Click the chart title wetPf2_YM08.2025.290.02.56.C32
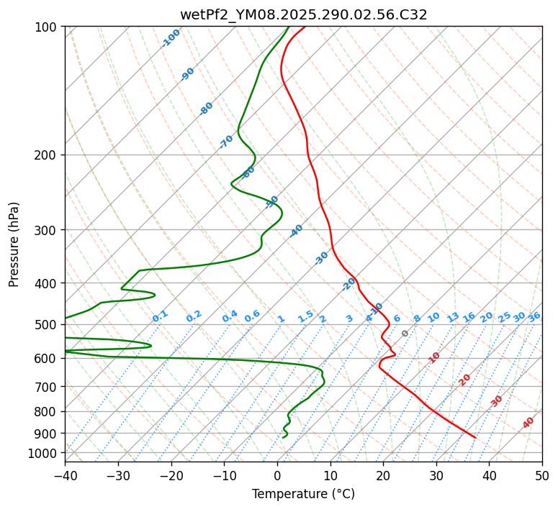(x=303, y=14)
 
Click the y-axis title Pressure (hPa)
(x=14, y=244)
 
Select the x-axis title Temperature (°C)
(x=303, y=495)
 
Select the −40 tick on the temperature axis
(x=65, y=475)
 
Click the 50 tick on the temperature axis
(x=542, y=475)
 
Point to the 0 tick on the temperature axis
(x=277, y=475)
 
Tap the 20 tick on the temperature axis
(x=383, y=475)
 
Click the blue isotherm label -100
(x=171, y=38)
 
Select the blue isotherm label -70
(x=226, y=142)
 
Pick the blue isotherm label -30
(x=321, y=258)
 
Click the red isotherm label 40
(x=528, y=423)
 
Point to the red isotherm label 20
(x=465, y=380)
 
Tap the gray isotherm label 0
(x=405, y=334)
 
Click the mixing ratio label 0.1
(x=160, y=316)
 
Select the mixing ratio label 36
(x=534, y=316)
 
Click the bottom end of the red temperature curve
(x=475, y=437)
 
